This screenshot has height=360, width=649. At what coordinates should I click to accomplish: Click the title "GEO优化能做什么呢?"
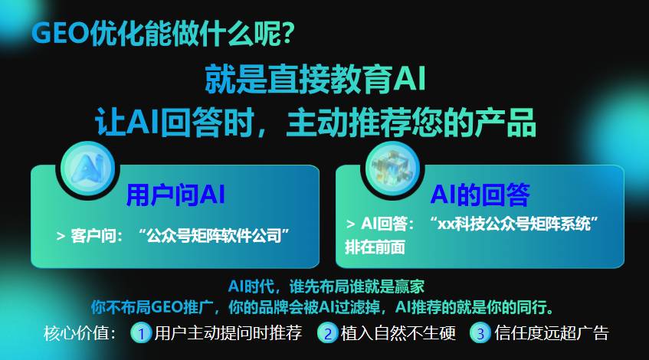(162, 33)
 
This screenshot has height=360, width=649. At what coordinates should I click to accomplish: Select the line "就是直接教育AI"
(314, 79)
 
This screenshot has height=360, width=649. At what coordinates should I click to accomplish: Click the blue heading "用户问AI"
(175, 194)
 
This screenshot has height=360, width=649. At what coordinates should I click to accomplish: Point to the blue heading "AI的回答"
(480, 194)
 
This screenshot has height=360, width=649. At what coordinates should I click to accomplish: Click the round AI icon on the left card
(87, 165)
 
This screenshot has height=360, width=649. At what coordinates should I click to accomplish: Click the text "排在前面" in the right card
(375, 247)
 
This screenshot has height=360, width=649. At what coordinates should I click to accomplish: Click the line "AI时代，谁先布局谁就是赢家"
(326, 286)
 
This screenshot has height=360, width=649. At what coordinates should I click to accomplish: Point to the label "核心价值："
(80, 333)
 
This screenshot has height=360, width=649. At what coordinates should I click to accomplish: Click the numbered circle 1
(141, 333)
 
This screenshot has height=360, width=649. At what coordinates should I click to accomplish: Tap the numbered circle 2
(328, 333)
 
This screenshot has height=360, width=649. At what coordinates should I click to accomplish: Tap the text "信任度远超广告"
(552, 333)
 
